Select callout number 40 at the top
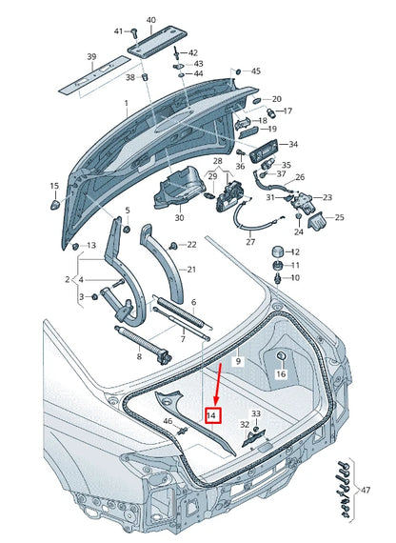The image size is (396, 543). (x=150, y=20)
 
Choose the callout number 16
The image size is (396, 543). (x=281, y=374)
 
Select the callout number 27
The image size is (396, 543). (x=250, y=242)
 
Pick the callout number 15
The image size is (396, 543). (x=54, y=187)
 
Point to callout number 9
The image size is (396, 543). (x=239, y=362)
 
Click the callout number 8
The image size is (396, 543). (x=139, y=355)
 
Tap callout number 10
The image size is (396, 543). (x=293, y=278)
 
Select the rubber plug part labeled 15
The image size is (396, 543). (x=55, y=203)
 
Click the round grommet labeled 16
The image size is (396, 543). (x=282, y=357)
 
